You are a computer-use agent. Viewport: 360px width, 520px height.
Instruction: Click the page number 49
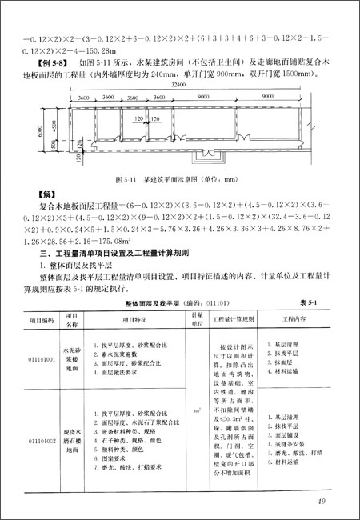320,502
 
